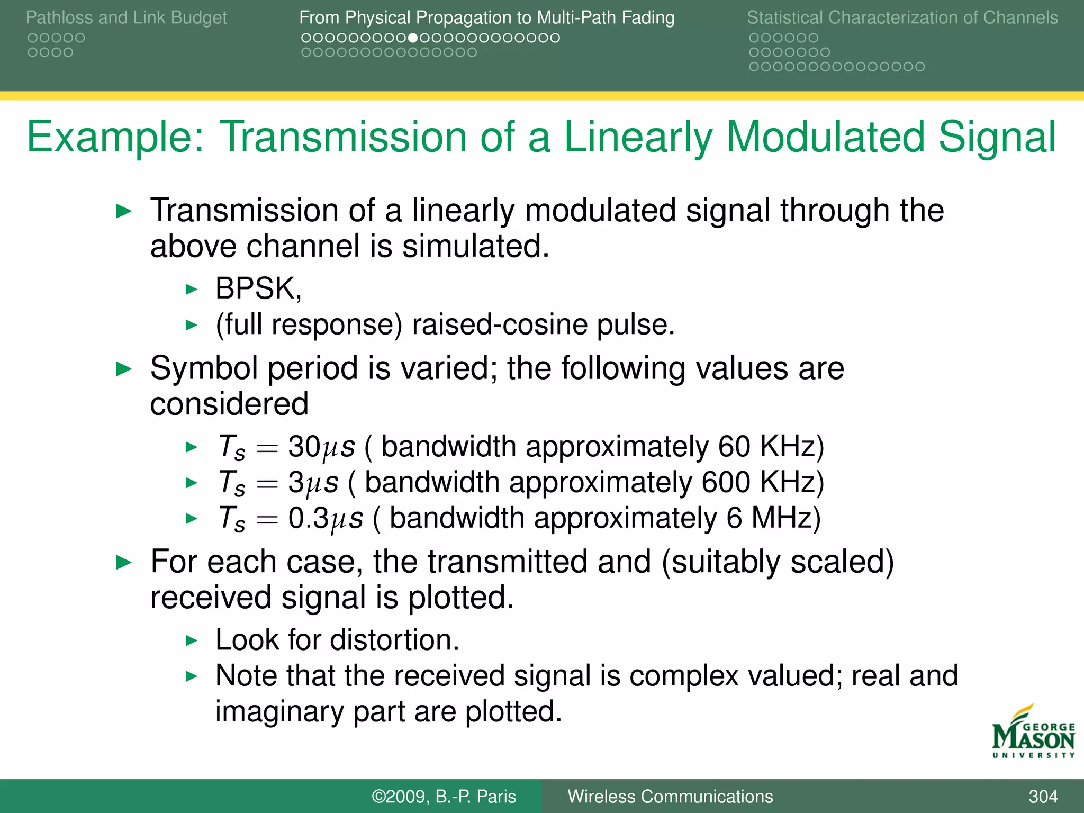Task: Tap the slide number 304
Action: click(1043, 796)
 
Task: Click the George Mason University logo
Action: click(1033, 732)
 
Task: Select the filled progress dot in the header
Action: click(413, 38)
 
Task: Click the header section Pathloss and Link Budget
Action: click(126, 17)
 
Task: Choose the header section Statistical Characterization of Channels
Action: click(902, 17)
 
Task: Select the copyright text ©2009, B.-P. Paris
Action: click(444, 796)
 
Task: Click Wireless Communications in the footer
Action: click(670, 796)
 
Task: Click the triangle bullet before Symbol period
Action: click(123, 369)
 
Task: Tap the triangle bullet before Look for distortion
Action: click(191, 641)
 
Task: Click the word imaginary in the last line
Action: click(279, 711)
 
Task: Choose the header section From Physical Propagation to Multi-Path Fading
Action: click(486, 17)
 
